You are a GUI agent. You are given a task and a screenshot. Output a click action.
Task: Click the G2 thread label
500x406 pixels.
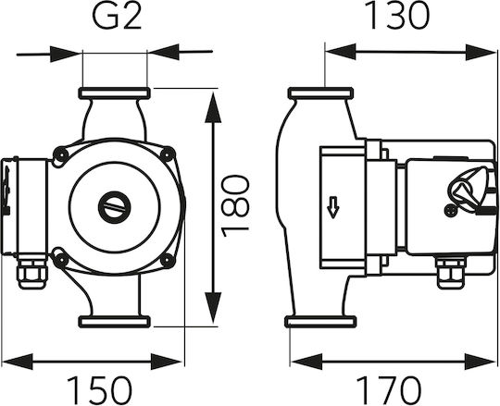click(117, 16)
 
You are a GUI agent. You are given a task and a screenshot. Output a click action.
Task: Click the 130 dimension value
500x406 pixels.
click(396, 16)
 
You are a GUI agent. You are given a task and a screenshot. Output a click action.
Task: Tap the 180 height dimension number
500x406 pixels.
click(236, 205)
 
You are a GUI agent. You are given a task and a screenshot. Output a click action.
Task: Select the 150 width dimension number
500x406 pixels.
click(99, 390)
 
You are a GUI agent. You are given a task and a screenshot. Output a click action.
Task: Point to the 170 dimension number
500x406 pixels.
click(388, 390)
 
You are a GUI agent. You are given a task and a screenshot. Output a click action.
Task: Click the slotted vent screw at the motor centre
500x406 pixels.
click(115, 208)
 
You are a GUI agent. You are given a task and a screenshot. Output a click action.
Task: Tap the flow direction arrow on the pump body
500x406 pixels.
click(333, 207)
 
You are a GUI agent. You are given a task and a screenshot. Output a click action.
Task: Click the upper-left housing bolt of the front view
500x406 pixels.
click(60, 155)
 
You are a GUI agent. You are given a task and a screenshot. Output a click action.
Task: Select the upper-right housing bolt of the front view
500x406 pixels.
click(168, 154)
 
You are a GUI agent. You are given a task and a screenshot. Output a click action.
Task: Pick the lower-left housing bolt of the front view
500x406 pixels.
click(60, 261)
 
